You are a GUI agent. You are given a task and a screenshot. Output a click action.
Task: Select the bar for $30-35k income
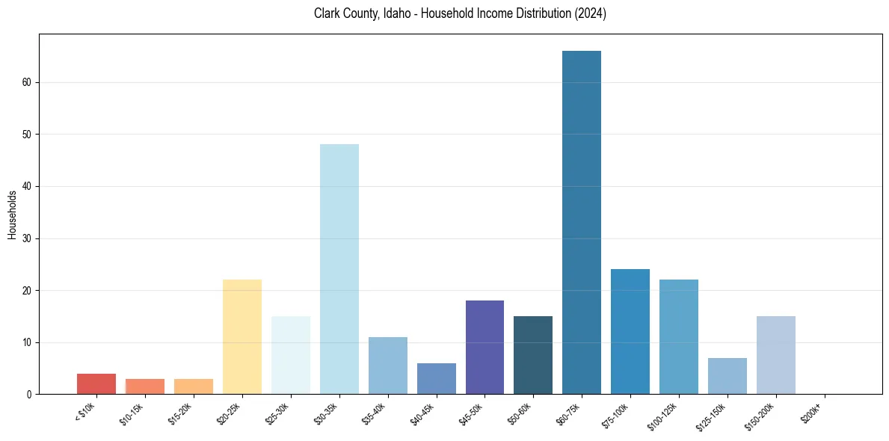point(339,269)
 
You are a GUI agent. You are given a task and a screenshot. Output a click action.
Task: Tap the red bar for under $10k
point(96,383)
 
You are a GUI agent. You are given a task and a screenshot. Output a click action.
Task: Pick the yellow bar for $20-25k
point(242,336)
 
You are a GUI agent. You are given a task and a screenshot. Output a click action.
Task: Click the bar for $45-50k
point(485,347)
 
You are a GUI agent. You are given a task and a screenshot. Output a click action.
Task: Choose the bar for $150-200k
point(775,355)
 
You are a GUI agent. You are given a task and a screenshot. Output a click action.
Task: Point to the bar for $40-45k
point(436,378)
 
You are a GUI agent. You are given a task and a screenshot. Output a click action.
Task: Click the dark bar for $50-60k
point(533,355)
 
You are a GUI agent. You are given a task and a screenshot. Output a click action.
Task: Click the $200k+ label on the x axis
point(811,413)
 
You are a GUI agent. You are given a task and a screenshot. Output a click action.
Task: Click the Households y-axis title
point(12,215)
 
